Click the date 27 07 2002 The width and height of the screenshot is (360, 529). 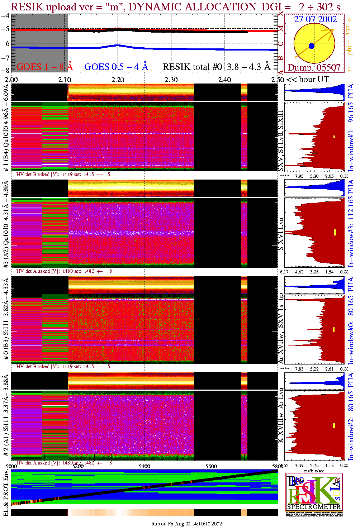[315, 19]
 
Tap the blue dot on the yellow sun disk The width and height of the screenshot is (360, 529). [311, 46]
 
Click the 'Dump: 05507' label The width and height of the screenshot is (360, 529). [314, 68]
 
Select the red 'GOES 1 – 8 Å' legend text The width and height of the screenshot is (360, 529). [44, 67]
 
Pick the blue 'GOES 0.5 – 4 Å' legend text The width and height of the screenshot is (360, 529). [116, 67]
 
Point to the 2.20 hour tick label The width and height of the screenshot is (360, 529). [118, 80]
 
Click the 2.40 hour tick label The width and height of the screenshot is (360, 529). [224, 80]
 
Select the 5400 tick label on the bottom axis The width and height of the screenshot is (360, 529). [145, 466]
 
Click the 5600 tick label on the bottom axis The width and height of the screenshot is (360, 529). [211, 466]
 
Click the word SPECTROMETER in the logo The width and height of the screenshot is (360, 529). [314, 507]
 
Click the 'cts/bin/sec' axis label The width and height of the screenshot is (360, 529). [314, 471]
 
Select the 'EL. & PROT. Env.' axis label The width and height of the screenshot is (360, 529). [6, 493]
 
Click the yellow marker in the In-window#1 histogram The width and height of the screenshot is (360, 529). [334, 137]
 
